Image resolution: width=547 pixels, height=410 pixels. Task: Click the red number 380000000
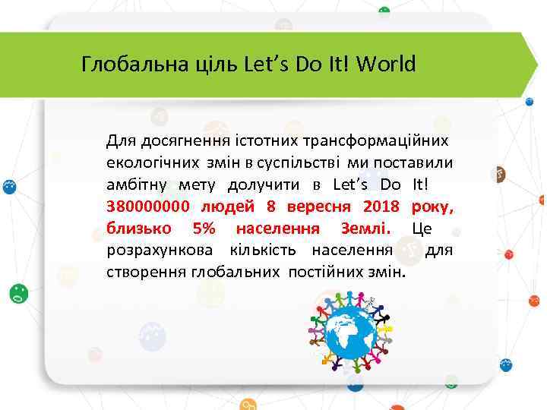pos(149,206)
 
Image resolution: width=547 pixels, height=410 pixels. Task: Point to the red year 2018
pos(381,206)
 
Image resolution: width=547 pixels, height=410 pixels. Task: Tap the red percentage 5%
pos(204,228)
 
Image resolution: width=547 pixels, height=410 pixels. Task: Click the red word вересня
pos(318,206)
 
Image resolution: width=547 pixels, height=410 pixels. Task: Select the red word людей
pos(229,206)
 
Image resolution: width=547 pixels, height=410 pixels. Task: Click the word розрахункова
pos(156,250)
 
